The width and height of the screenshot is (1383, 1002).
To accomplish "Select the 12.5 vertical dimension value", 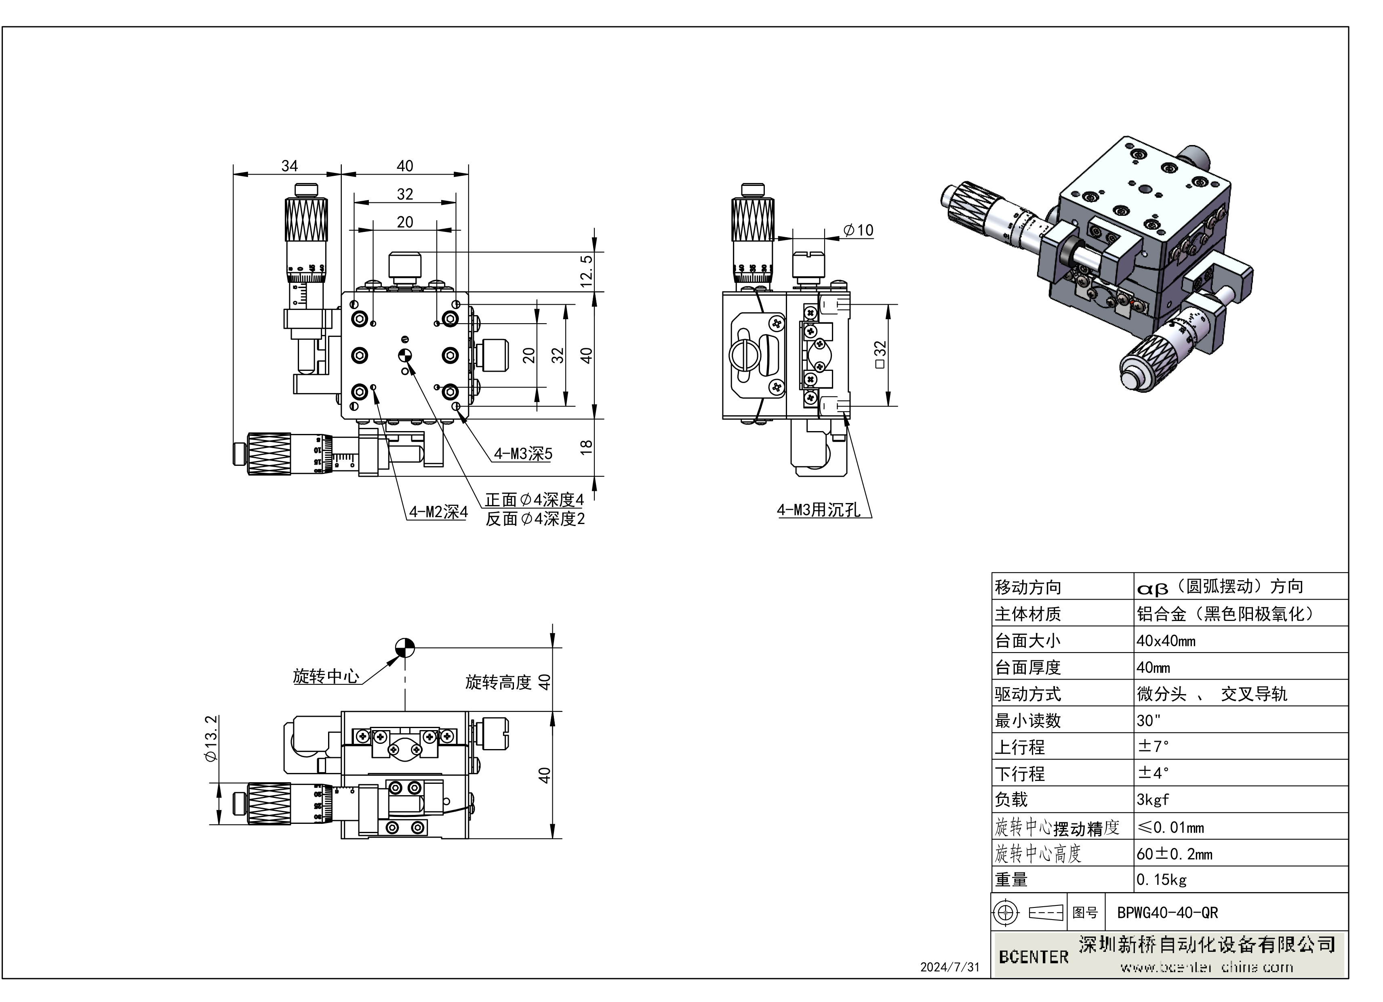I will [x=586, y=272].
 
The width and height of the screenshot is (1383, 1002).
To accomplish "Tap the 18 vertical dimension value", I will [x=586, y=446].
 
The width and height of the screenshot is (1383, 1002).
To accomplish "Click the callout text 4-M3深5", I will [x=522, y=454].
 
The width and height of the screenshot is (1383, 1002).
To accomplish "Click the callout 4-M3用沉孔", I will [x=818, y=510].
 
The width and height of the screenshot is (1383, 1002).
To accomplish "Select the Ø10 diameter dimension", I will [x=859, y=231].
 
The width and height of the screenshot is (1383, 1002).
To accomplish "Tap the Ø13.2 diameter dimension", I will [x=211, y=739].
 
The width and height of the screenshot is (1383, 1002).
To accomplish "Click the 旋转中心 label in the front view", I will [x=326, y=676].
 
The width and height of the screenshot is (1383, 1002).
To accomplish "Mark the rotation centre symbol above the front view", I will [x=405, y=648].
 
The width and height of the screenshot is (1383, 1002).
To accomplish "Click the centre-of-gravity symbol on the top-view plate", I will [x=405, y=355].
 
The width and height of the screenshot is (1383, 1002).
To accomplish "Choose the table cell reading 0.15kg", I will [x=1161, y=880].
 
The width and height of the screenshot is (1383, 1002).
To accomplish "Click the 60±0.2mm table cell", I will [x=1174, y=854].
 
